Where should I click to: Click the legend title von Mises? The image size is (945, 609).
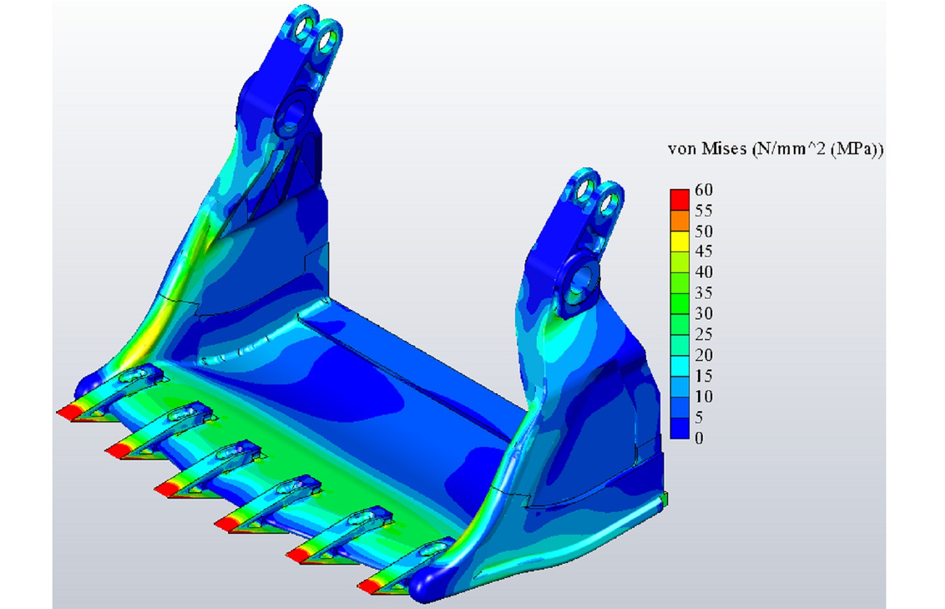coord(707,149)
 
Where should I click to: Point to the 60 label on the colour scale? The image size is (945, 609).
coord(703,190)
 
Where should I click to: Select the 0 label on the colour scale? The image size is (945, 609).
coord(699,438)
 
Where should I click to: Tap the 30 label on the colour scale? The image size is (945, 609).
coord(703,313)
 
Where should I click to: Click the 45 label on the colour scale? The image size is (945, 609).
coord(703,252)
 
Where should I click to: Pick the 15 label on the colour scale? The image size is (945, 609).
coord(703,376)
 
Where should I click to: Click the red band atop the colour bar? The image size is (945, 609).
coord(679,200)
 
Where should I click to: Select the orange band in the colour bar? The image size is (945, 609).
coord(679,220)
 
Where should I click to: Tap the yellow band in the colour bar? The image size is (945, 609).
coord(679,241)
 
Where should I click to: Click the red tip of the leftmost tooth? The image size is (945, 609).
coord(68,412)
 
